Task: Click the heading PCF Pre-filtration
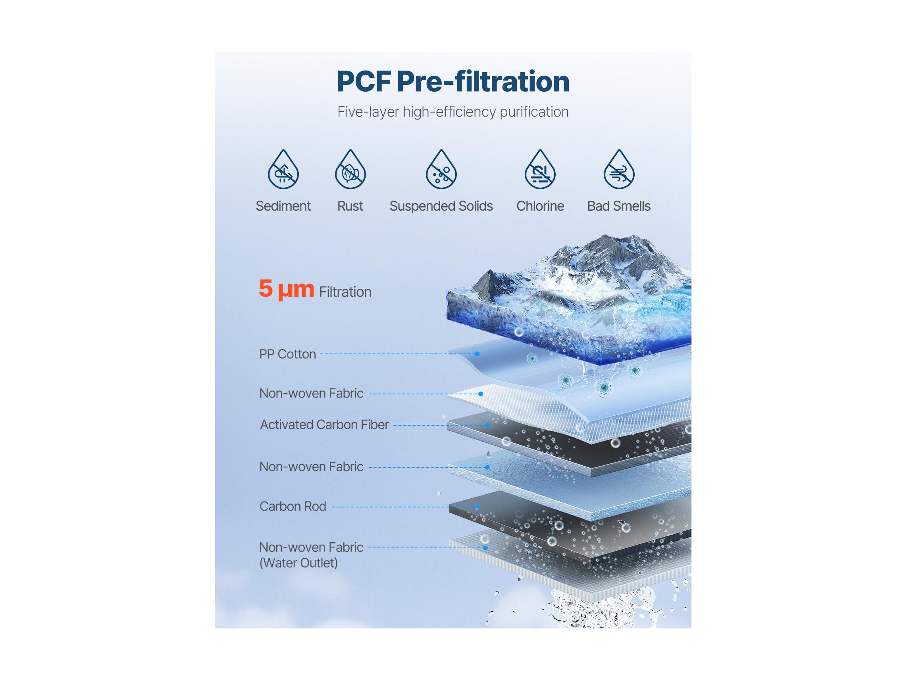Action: [x=453, y=81]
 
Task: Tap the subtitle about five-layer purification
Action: [x=453, y=112]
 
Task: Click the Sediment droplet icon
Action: [x=283, y=169]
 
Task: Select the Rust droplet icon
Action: [x=350, y=169]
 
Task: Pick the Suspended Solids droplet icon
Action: [x=441, y=169]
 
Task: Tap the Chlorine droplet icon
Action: [x=540, y=169]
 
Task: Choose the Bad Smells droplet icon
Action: [x=619, y=169]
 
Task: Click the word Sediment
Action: [x=283, y=206]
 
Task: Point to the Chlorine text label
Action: [x=540, y=206]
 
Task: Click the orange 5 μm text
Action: [x=286, y=289]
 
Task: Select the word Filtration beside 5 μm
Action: [x=345, y=292]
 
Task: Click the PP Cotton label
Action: [x=287, y=354]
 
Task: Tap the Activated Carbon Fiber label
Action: [x=324, y=425]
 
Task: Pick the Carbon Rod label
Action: [x=293, y=506]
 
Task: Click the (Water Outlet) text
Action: [x=298, y=563]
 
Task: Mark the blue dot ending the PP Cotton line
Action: [x=477, y=354]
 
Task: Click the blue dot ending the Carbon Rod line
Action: [x=477, y=507]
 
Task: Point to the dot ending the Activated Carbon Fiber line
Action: [x=487, y=425]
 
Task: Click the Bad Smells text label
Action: [x=619, y=206]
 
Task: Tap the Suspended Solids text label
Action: [x=441, y=206]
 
